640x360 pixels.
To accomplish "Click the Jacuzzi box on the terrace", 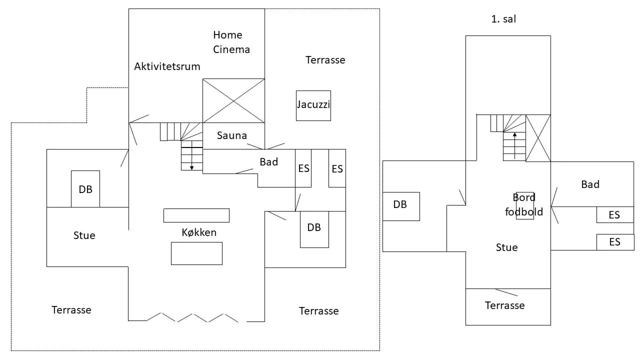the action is tap(313, 105).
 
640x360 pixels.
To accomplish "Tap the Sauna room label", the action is tap(231, 135).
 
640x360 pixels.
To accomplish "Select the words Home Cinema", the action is tap(231, 42).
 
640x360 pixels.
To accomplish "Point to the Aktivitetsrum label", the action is tap(167, 66).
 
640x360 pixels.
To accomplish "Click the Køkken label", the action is tap(199, 232).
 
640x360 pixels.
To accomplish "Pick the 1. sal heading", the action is tap(503, 19).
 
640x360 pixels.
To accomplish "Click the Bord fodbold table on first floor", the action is tap(525, 205).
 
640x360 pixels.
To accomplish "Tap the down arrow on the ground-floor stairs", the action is tap(191, 155).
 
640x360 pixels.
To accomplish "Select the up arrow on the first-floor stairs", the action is tap(514, 145).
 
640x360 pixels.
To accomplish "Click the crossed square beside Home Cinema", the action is tap(233, 101).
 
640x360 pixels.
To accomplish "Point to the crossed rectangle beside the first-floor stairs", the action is tap(538, 138).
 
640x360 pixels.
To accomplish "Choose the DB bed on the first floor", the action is tap(401, 206).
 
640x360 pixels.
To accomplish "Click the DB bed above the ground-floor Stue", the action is tap(85, 189).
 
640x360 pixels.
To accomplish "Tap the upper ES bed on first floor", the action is tap(615, 214).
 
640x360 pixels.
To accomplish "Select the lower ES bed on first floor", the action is tap(615, 242).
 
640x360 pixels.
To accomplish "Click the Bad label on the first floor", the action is tap(590, 184).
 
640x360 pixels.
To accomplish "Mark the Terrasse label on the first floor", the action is tap(505, 305).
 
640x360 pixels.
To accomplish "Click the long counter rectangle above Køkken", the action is tap(196, 215).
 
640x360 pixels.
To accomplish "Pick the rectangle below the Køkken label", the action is tap(196, 253).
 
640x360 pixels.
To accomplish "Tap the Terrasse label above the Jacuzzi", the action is tap(325, 60).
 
